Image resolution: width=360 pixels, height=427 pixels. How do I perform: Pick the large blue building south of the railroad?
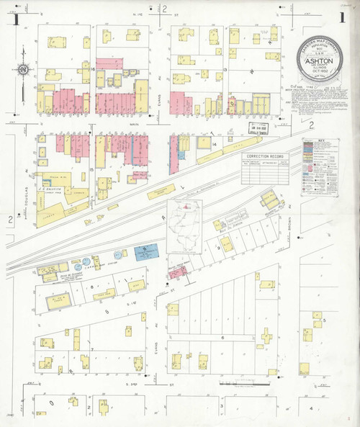coord(146,251)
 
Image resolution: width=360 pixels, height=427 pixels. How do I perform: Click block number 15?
coord(92,170)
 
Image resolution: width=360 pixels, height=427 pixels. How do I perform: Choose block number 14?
coord(215,145)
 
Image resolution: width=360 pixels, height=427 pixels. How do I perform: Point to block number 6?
coord(222,337)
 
